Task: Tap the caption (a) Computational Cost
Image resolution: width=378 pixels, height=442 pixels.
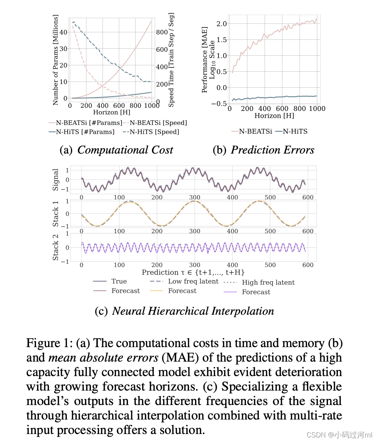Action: [x=116, y=150]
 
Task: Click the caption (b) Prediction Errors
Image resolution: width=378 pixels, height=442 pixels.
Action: [x=263, y=150]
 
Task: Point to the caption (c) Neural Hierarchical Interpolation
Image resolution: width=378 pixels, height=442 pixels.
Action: [x=184, y=311]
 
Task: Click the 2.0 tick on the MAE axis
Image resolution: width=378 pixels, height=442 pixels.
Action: [x=221, y=24]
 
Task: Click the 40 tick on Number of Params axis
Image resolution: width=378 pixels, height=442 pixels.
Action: [x=64, y=32]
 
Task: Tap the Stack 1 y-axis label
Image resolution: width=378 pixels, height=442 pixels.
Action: [x=56, y=214]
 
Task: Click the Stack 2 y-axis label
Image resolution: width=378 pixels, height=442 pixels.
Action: [x=56, y=247]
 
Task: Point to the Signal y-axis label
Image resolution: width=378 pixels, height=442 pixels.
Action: [x=56, y=179]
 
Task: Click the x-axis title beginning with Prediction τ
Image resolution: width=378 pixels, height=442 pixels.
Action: [x=193, y=272]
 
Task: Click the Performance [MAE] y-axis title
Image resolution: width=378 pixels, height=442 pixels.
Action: [x=205, y=60]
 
